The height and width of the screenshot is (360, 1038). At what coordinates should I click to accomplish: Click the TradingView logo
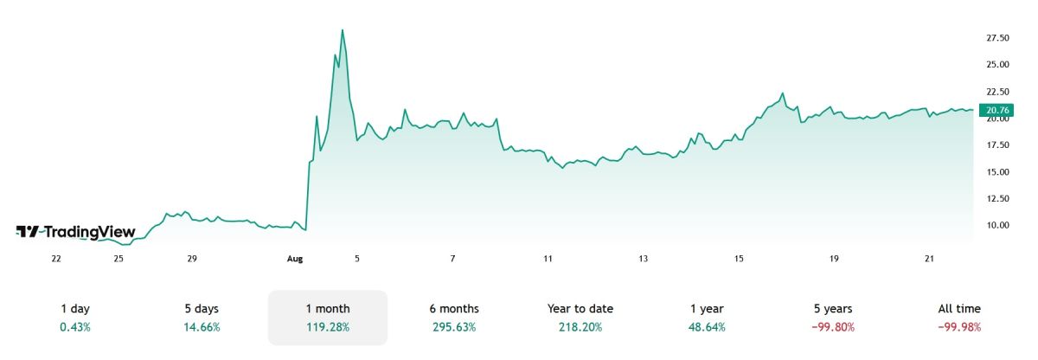pyautogui.click(x=76, y=231)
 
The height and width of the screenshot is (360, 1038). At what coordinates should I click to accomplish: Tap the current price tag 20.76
pyautogui.click(x=992, y=109)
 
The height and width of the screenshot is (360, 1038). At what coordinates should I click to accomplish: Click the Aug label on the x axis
pyautogui.click(x=295, y=259)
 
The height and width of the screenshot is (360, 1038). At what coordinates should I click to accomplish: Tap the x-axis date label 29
pyautogui.click(x=192, y=259)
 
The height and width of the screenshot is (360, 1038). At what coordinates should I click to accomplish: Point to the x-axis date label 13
pyautogui.click(x=643, y=259)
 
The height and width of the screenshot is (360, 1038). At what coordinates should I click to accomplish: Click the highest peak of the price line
pyautogui.click(x=343, y=30)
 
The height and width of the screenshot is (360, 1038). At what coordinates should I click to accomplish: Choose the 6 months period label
pyautogui.click(x=454, y=309)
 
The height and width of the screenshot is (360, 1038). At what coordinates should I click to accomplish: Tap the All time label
pyautogui.click(x=959, y=309)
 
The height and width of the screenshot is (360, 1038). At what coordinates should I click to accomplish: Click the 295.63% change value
pyautogui.click(x=454, y=327)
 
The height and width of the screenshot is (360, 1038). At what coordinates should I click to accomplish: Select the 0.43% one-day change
pyautogui.click(x=75, y=327)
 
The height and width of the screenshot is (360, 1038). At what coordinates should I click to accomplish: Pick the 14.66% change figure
pyautogui.click(x=202, y=327)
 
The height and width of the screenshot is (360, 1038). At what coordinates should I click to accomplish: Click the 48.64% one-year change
pyautogui.click(x=707, y=327)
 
